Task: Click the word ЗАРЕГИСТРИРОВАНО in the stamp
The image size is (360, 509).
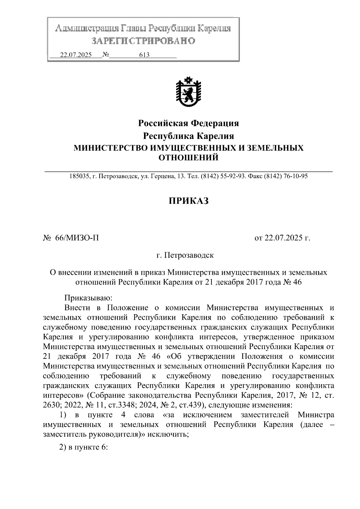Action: tap(143, 41)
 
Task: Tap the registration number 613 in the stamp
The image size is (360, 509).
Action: tap(144, 55)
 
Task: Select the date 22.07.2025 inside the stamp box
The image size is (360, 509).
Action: tap(76, 55)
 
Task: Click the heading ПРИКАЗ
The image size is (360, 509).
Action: tap(188, 201)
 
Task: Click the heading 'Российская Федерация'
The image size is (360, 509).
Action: tap(188, 123)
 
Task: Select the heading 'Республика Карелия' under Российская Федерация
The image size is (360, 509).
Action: tap(188, 136)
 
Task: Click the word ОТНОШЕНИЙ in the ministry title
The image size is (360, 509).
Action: tap(188, 157)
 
